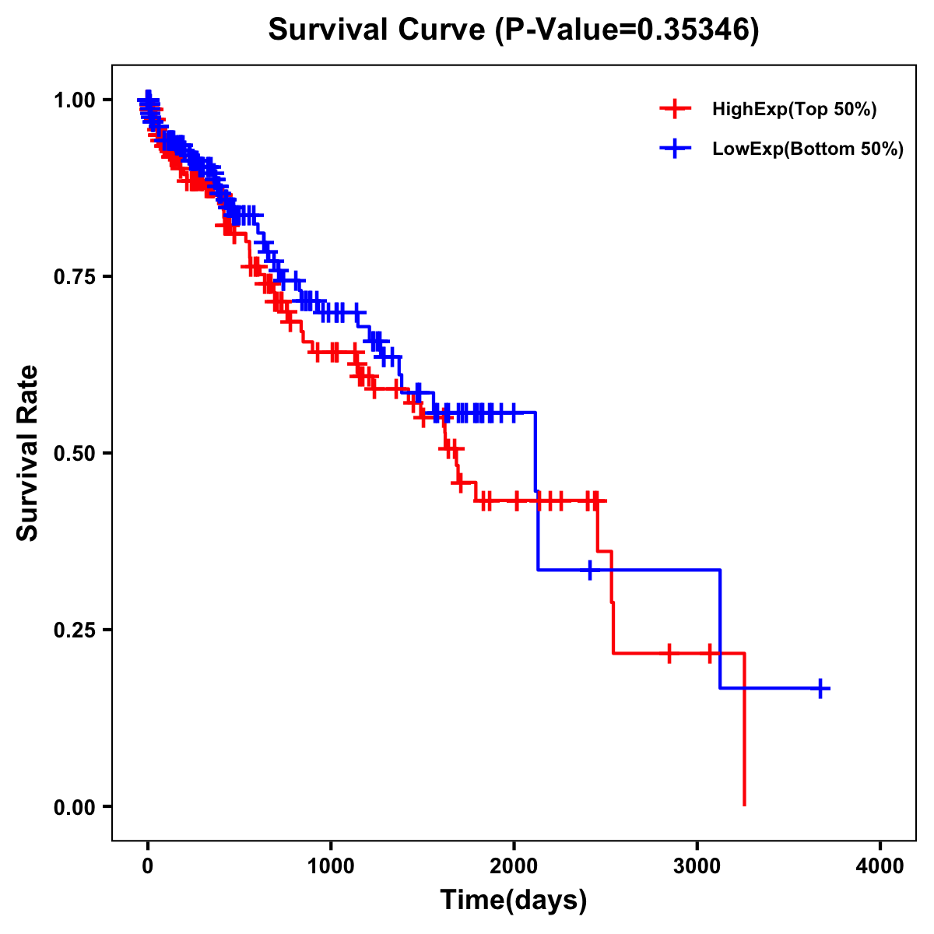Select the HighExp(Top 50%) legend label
tap(795, 110)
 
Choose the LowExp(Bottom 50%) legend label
tap(808, 149)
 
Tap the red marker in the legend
tap(675, 109)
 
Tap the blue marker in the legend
tap(675, 149)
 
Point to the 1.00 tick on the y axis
tap(74, 100)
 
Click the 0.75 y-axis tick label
tap(74, 276)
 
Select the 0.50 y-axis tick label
tap(74, 453)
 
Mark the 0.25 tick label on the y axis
tap(74, 630)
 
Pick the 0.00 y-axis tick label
tap(74, 806)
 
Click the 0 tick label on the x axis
tap(148, 866)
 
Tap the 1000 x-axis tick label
tap(331, 866)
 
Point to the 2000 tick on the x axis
tap(514, 866)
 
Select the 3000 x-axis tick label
tap(697, 866)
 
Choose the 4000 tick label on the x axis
tap(880, 866)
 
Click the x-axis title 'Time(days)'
tap(514, 901)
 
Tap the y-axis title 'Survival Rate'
tap(29, 453)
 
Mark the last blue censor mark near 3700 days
tap(820, 688)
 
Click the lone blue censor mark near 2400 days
tap(590, 570)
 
